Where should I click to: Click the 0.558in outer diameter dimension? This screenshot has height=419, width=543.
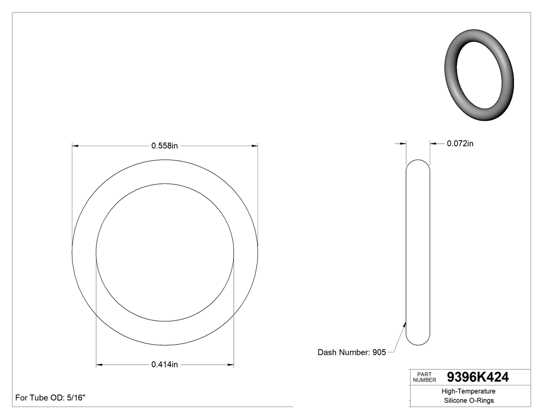pos(164,146)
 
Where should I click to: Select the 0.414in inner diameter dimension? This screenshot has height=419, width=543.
pos(164,365)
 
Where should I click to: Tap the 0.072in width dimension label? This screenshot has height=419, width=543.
pos(460,144)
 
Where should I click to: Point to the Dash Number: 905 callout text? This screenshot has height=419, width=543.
pos(351,352)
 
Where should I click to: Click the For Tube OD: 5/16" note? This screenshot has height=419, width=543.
pos(50,398)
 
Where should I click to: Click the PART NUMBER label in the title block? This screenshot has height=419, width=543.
pos(424,377)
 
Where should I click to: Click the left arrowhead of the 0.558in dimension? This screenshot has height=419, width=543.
pos(75,146)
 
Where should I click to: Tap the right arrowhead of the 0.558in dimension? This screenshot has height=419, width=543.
pos(255,146)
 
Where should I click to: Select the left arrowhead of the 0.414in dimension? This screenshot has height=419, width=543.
pos(99,365)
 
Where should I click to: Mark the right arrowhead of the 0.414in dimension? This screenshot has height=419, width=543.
pos(231,365)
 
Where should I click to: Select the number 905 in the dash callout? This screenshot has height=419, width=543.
pos(379,352)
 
